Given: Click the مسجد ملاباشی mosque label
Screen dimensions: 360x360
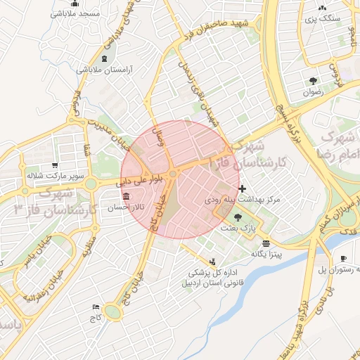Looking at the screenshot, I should (x=79, y=13).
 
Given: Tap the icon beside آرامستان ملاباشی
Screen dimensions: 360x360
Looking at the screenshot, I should (x=105, y=58).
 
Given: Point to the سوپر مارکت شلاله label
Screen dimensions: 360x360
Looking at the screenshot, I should (x=56, y=175).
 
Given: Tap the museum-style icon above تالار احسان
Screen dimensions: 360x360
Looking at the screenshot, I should (x=126, y=196).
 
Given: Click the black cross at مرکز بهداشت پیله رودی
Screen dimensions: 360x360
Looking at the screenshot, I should (x=243, y=188).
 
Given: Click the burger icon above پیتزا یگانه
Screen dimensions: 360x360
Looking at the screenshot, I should (x=264, y=242).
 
